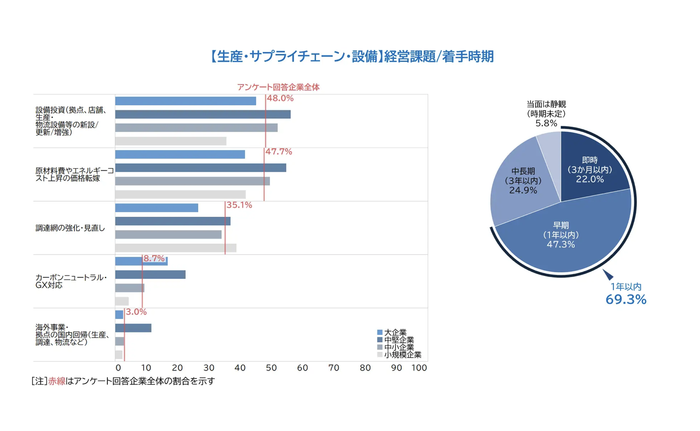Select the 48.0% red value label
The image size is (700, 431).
pos(280,98)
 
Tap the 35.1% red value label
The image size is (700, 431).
pos(239,205)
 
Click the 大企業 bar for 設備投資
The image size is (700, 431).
pos(185,101)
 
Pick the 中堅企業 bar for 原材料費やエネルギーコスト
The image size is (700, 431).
pos(200,168)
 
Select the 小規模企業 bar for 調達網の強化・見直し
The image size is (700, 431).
pos(176,248)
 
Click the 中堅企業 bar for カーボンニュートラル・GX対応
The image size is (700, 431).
pos(150,275)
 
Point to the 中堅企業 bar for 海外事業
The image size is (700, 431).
pos(133,328)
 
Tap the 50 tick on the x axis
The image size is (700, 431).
pos(271,368)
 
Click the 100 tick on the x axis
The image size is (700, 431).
pos(419,368)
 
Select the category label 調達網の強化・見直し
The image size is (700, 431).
pos(70,228)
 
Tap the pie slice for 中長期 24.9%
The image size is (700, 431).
pos(523,181)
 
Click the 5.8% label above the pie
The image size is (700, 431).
pos(546,124)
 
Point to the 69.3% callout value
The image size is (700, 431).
pos(626,300)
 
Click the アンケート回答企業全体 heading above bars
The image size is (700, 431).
pos(278,87)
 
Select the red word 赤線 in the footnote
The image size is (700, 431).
pos(57,381)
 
